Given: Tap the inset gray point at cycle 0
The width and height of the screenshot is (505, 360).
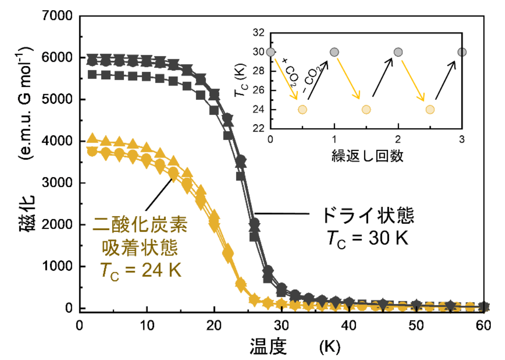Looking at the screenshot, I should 271,52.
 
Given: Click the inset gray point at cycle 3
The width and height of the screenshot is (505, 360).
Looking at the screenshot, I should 462,52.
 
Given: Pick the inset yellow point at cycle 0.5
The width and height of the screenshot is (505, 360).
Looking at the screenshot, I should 302,109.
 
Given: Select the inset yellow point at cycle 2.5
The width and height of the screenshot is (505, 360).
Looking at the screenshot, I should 430,109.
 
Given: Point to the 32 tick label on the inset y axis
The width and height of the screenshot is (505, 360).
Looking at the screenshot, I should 259,33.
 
